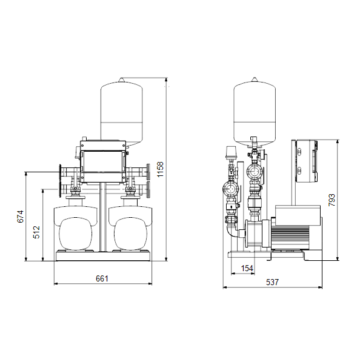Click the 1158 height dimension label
[x=160, y=169]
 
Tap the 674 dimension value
[x=21, y=217]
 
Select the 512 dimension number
[x=36, y=232]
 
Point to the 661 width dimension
[x=102, y=278]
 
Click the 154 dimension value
[x=247, y=268]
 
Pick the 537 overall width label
[x=272, y=282]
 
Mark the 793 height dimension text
[x=332, y=200]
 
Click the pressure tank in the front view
[x=122, y=112]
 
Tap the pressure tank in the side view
[x=255, y=112]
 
